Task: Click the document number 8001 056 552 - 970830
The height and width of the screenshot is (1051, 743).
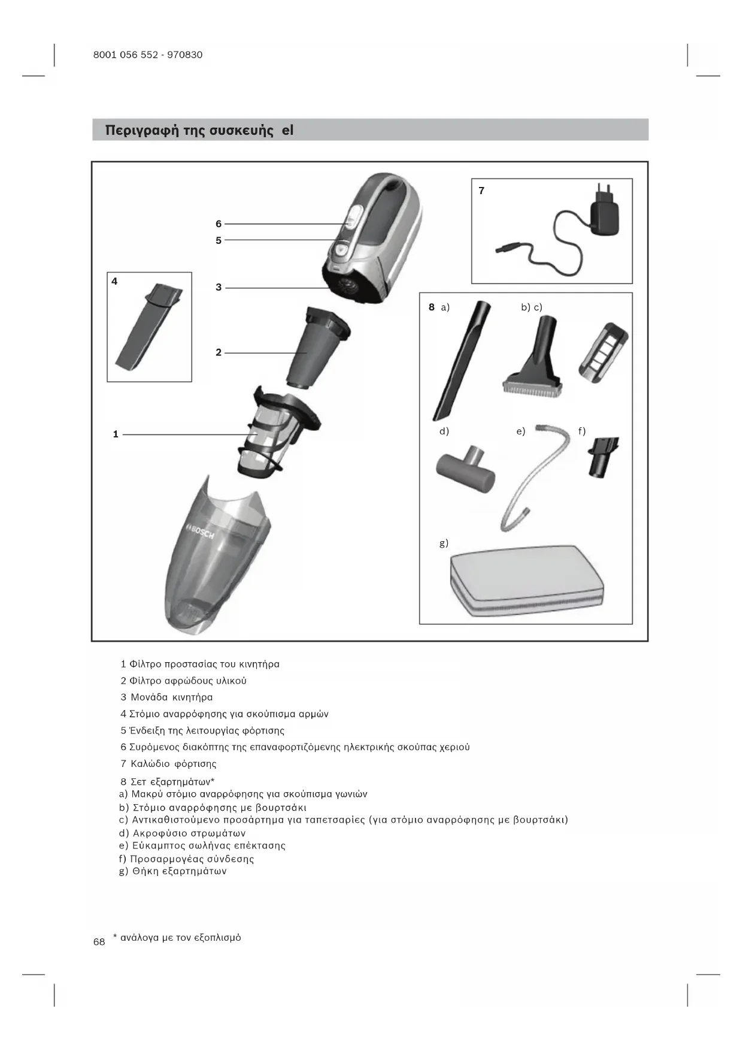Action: coord(148,55)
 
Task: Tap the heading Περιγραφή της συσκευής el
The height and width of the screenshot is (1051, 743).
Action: coord(199,130)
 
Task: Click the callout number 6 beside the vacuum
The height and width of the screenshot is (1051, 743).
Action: coord(219,224)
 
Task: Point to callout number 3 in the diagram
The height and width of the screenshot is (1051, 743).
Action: coord(219,287)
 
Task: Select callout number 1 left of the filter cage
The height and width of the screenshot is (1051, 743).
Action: coord(116,434)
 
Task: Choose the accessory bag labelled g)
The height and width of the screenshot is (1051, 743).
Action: coord(526,579)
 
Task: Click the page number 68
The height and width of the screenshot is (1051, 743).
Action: coord(99,942)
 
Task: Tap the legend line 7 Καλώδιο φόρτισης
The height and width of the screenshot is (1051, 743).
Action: coord(168,763)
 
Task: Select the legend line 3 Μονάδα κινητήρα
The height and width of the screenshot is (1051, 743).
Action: coord(166,697)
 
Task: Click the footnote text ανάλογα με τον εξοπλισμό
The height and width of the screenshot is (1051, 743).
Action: coord(180,937)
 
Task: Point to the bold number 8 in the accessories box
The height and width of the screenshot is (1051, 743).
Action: coord(431,307)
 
